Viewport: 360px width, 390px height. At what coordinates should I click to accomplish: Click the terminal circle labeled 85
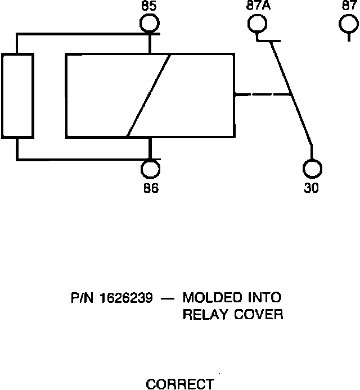tap(150, 24)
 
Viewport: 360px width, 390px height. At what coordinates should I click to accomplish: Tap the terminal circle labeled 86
tap(150, 169)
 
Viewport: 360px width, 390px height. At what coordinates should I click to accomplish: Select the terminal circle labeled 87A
tap(256, 24)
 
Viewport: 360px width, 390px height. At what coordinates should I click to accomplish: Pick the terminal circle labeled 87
tap(349, 24)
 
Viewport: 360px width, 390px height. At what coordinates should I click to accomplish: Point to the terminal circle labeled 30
tap(312, 169)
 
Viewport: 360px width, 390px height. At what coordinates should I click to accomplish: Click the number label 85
tap(150, 6)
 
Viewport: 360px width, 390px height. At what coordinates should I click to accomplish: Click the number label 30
tap(311, 188)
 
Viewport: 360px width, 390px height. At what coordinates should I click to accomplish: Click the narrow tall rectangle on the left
tap(17, 96)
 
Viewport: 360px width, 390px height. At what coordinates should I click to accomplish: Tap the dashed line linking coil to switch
tap(262, 94)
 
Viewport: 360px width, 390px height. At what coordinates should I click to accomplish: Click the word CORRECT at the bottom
tap(179, 384)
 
